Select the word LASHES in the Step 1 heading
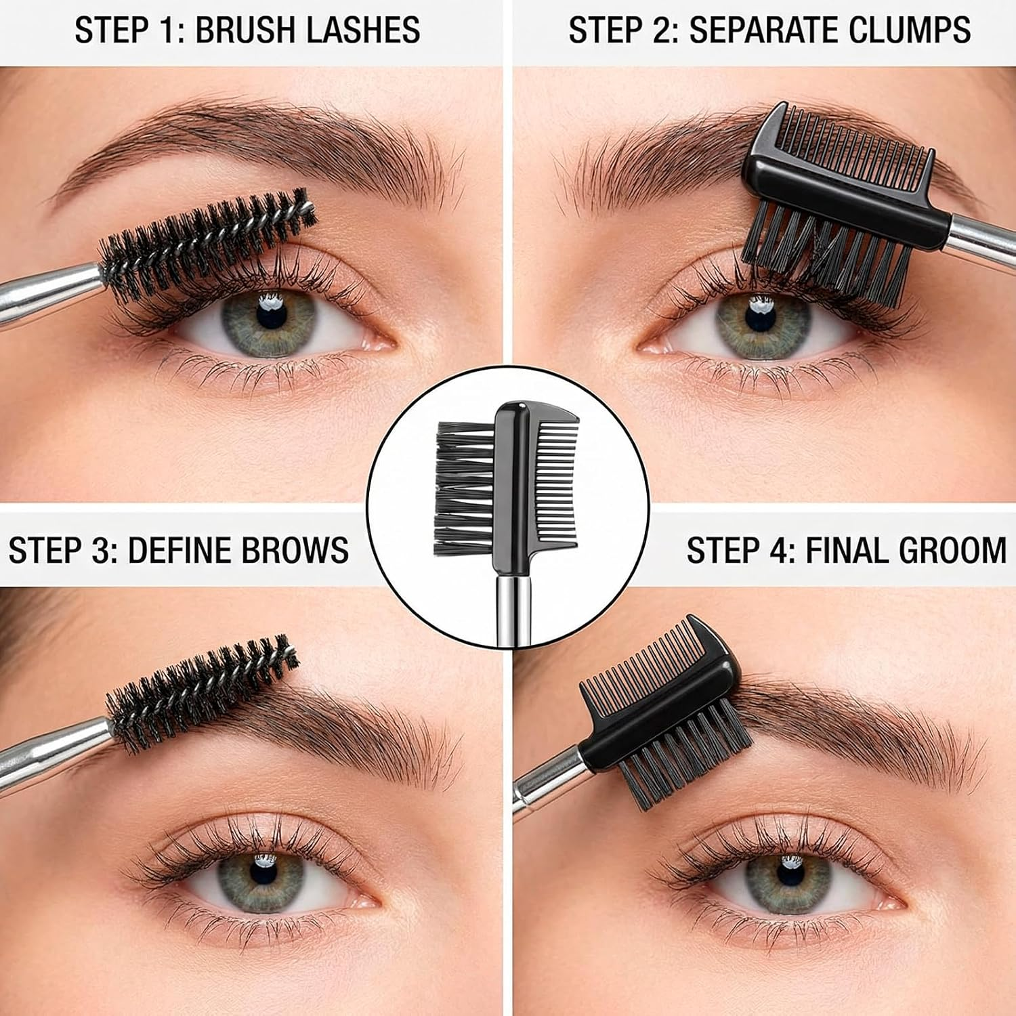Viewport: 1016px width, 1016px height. click(x=363, y=31)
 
